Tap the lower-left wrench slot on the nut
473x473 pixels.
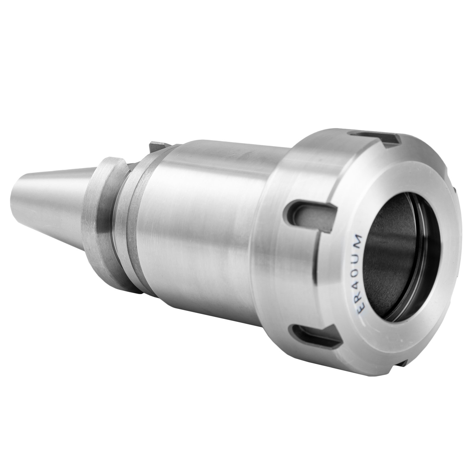point(314,334)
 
